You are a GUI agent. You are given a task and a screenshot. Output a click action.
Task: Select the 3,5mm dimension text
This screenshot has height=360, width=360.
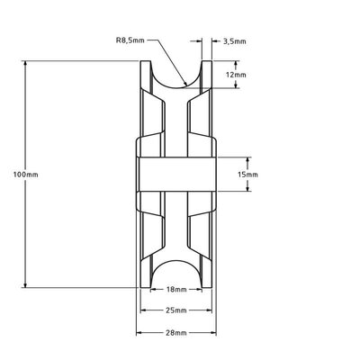232,40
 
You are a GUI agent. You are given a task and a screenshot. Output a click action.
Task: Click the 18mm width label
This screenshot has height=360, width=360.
176,291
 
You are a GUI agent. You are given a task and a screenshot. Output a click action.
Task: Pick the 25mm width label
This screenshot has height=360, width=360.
176,311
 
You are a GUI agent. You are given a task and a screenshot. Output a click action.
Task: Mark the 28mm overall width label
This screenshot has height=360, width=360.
176,332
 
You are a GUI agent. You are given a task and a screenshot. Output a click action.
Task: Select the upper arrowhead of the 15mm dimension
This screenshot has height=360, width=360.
238,157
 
